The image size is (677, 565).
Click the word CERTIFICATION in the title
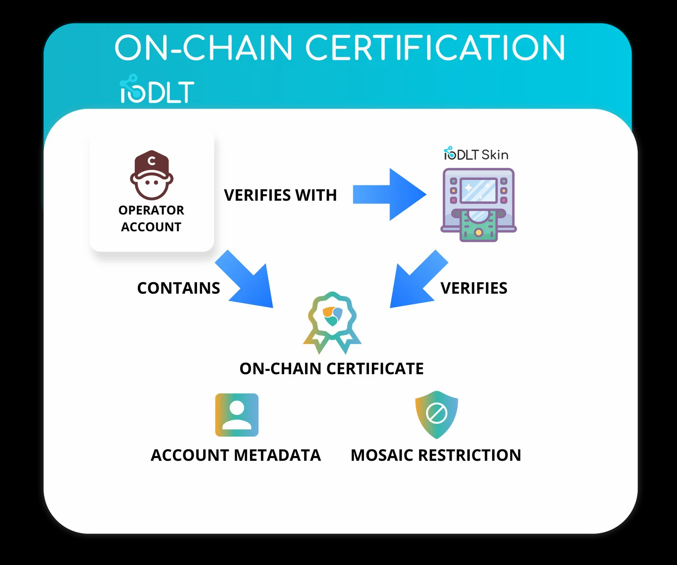435,48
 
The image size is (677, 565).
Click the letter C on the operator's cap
152,161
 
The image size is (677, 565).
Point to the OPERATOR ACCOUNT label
151,218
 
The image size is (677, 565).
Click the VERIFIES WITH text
280,195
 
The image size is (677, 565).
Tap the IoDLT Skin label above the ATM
476,154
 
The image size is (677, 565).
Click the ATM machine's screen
479,190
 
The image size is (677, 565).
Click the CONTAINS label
179,288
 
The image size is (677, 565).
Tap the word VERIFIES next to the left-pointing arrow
474,288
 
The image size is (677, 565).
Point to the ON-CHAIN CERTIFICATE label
332,368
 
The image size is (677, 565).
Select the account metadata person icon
237,415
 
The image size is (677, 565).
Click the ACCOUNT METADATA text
236,455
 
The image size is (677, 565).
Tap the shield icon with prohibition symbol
436,414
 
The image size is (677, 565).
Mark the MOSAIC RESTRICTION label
436,455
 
